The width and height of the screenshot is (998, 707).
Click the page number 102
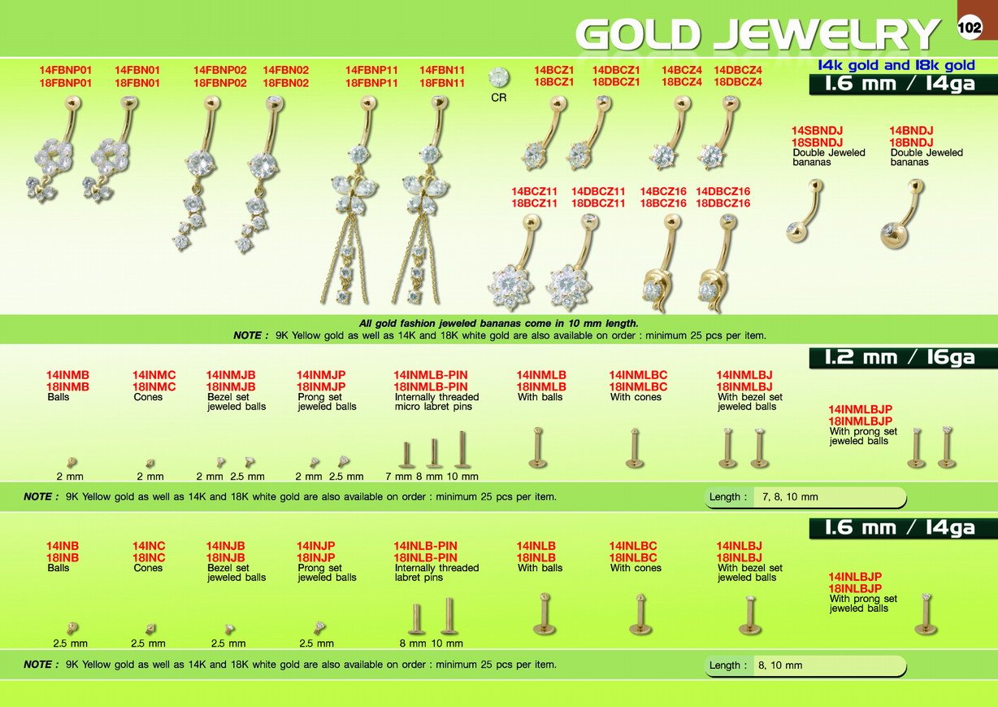[x=969, y=28]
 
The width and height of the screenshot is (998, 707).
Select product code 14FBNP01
[x=66, y=70]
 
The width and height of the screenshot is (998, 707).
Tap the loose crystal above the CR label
[x=498, y=77]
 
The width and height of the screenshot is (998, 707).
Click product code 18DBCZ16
[x=723, y=203]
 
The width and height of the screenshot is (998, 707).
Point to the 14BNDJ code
[x=911, y=131]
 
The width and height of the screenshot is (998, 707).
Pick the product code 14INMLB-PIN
[x=431, y=375]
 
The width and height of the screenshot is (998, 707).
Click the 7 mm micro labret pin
[x=406, y=455]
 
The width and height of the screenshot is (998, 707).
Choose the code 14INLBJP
[x=855, y=577]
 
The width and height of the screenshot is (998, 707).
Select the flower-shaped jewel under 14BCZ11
[x=511, y=286]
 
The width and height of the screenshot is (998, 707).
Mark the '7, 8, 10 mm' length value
[x=790, y=496]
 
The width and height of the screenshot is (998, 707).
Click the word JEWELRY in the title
[x=827, y=34]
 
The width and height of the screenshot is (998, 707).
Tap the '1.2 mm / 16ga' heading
[x=900, y=357]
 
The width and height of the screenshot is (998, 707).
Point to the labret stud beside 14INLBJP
[x=926, y=614]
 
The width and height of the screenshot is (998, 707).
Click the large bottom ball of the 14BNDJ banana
[x=894, y=234]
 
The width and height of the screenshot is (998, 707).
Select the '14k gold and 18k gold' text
[x=896, y=66]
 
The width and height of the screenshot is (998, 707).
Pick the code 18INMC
[x=154, y=386]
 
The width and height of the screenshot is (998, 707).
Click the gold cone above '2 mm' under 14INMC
[x=150, y=464]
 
